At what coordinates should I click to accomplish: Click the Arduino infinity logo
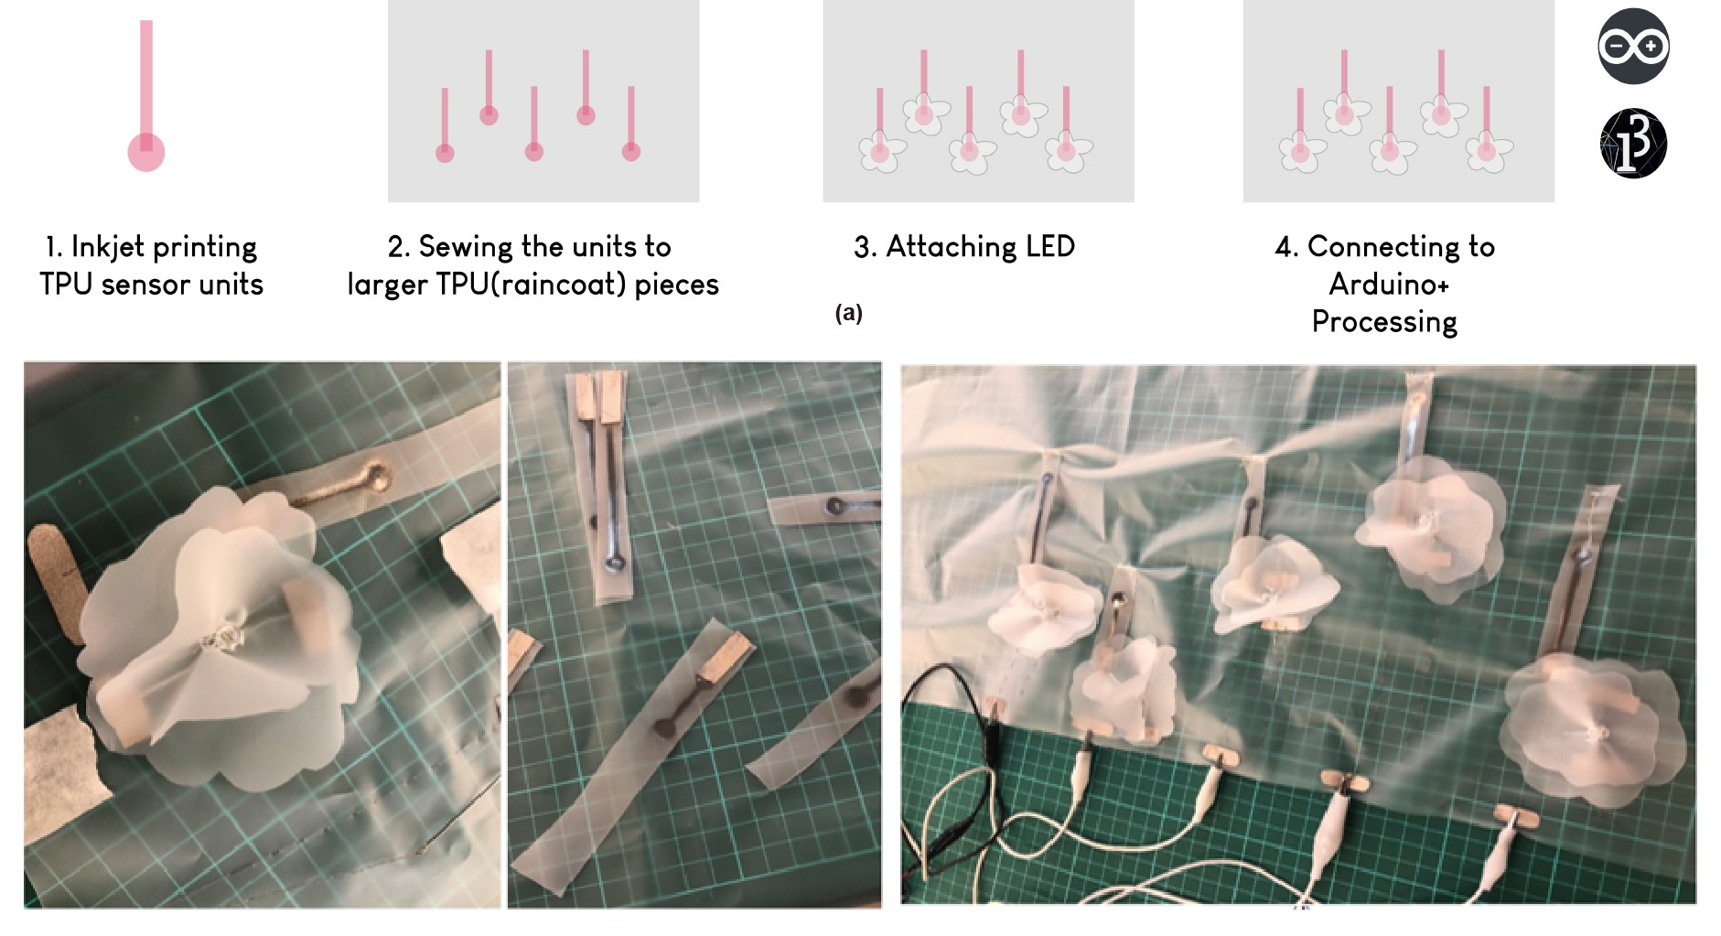1633,46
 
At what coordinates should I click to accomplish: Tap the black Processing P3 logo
1633,144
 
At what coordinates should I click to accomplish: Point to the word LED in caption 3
1049,246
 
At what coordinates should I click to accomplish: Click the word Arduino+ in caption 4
1388,285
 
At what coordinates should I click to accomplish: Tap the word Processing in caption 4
1384,322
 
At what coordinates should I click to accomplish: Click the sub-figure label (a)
848,313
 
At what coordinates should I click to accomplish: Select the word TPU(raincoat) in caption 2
531,285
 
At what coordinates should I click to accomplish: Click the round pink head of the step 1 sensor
146,152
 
